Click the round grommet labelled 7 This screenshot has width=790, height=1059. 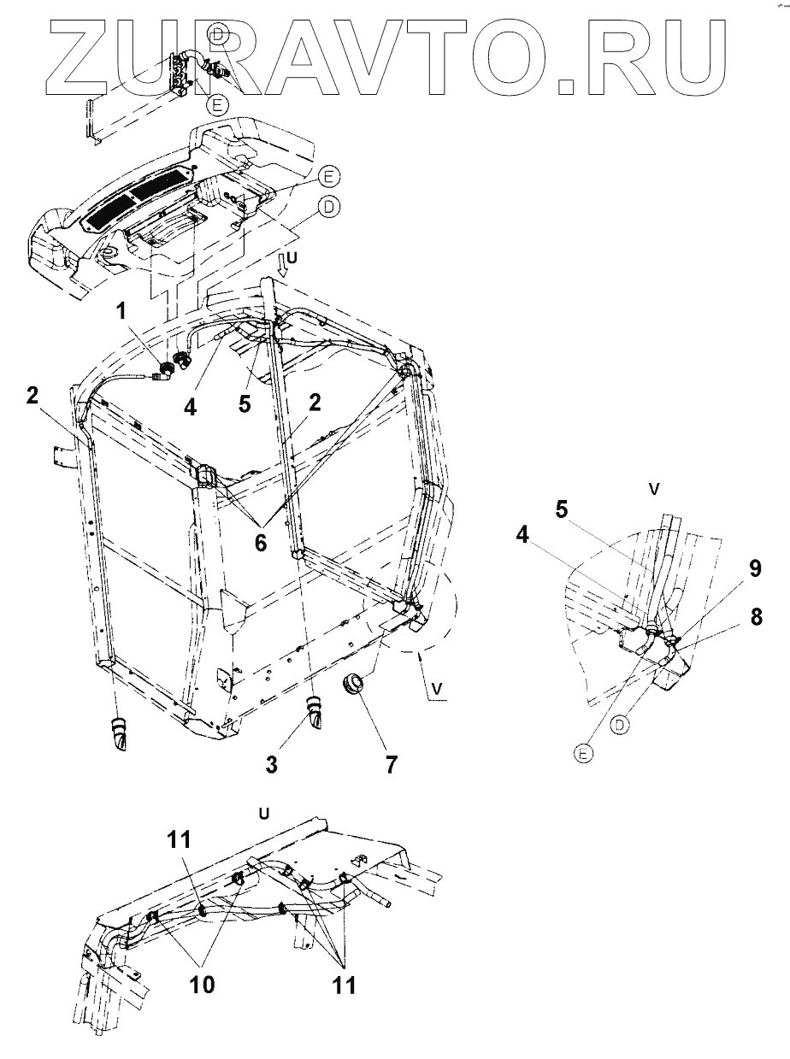353,685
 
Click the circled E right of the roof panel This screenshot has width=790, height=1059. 328,177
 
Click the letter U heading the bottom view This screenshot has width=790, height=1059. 264,813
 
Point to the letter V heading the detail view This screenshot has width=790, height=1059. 654,490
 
